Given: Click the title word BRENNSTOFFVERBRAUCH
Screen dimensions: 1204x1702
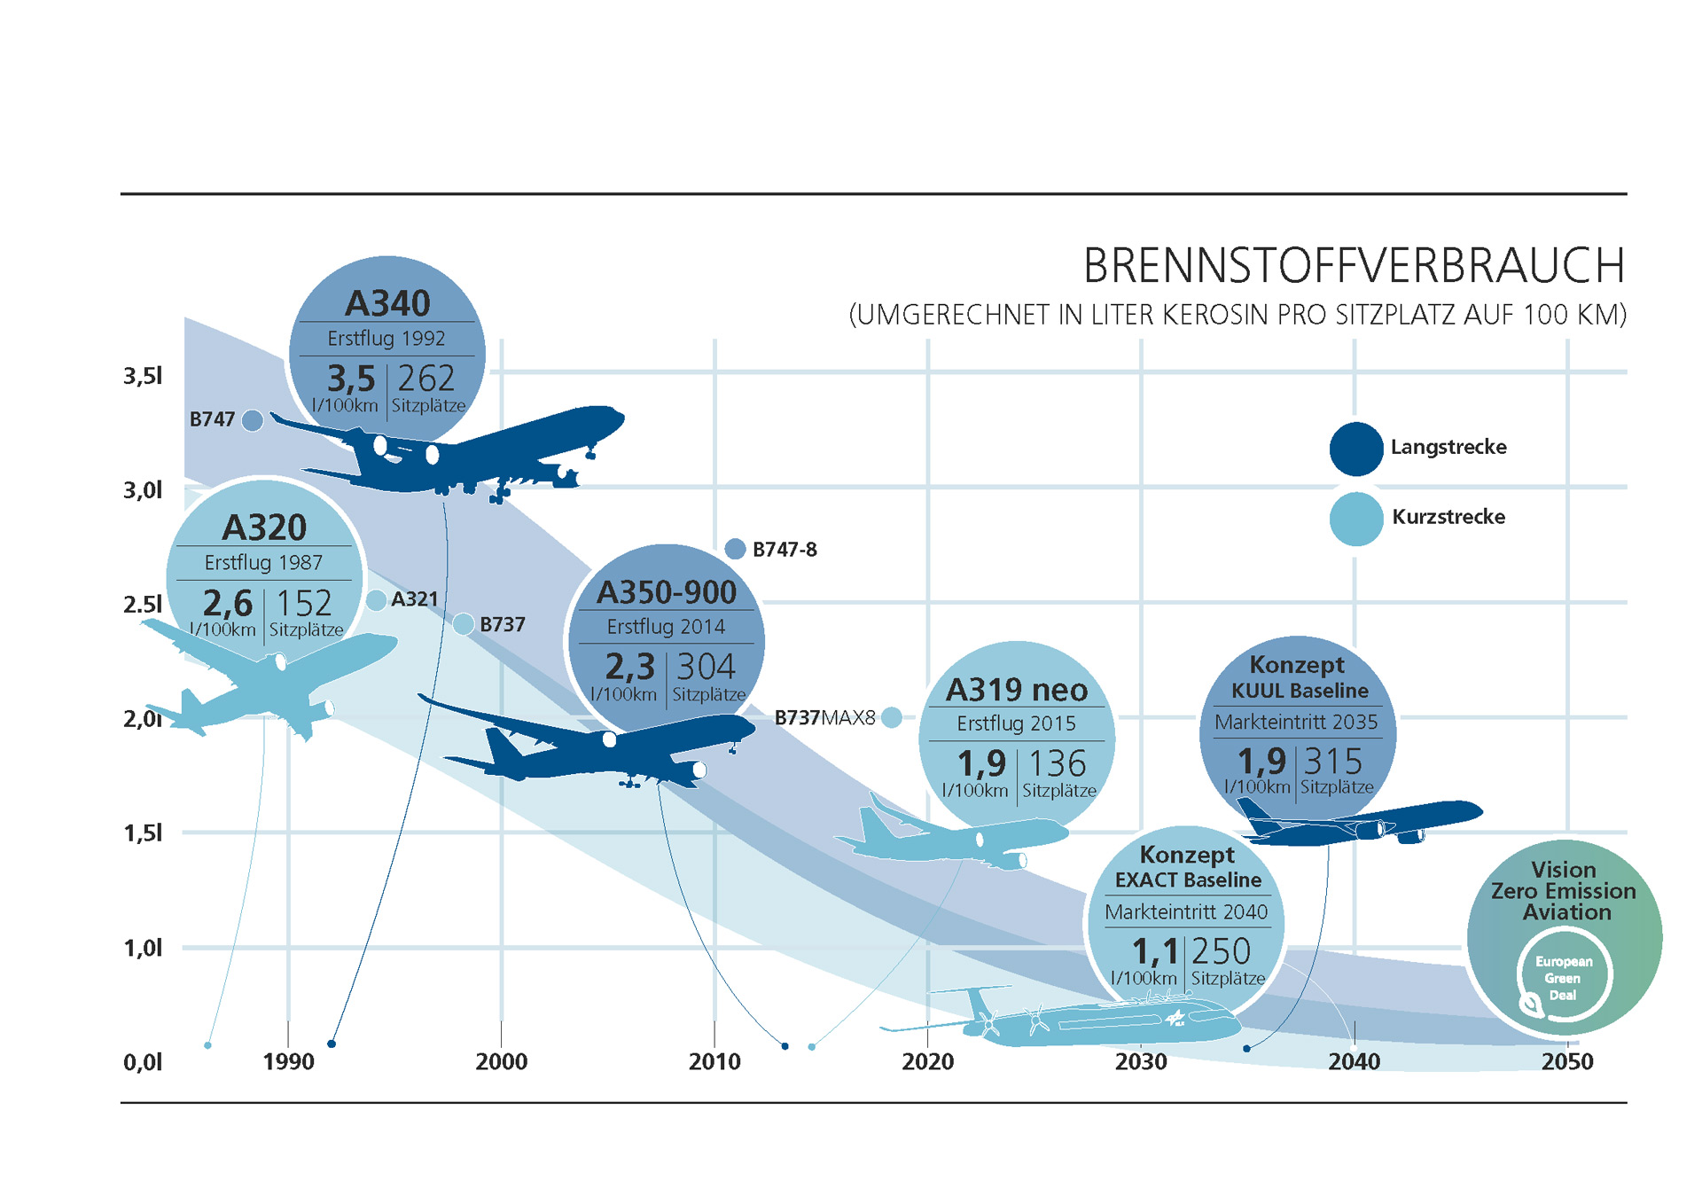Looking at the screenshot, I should [x=1354, y=265].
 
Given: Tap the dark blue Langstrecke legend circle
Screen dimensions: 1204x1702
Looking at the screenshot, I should [x=1355, y=449].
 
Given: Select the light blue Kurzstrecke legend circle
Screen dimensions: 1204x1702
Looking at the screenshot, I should [x=1355, y=519].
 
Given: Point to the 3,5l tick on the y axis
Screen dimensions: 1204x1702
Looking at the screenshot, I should [x=143, y=376].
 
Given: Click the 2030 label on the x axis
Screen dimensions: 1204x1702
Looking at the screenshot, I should [x=1140, y=1061].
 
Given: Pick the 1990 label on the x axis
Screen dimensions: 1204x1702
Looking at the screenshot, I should [x=288, y=1061].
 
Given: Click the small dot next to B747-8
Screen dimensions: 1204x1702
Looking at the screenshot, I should [x=735, y=549].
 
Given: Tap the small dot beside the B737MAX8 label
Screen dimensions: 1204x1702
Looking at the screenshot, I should [x=892, y=717].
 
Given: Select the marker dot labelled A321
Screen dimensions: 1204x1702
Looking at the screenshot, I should [x=376, y=600].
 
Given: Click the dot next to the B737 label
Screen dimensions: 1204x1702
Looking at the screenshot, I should [x=463, y=624].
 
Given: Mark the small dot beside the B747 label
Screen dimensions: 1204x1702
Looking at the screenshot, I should [x=253, y=420].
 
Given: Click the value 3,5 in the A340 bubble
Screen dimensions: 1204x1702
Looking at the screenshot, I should [x=351, y=379].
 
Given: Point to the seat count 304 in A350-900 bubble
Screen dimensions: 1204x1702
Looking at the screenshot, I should [x=706, y=667].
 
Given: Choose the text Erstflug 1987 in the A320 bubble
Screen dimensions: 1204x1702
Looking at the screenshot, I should [x=263, y=563].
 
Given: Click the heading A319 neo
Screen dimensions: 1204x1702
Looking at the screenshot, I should [x=1016, y=690].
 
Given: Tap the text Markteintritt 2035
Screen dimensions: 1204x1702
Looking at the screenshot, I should [x=1296, y=723].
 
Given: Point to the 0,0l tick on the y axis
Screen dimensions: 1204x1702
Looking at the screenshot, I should [x=143, y=1061].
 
